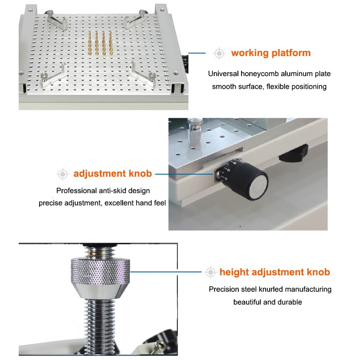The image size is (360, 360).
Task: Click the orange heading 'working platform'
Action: (271, 53)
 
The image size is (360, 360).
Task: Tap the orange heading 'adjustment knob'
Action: (113, 174)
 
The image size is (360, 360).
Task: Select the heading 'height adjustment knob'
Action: (275, 272)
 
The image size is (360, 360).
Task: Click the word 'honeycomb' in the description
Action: (259, 74)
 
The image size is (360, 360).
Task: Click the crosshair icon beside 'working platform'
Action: (219, 53)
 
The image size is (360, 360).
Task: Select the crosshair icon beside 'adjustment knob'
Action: (62, 174)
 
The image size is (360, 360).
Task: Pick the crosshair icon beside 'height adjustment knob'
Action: (211, 273)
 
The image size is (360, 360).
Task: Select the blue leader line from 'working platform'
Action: (197, 53)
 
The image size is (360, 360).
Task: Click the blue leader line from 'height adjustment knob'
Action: (166, 273)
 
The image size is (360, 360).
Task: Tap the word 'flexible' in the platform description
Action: (278, 87)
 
